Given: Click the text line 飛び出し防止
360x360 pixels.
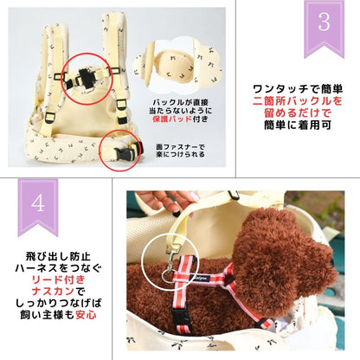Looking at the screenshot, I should (x=60, y=257).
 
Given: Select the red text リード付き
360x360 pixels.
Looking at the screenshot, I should (x=61, y=286).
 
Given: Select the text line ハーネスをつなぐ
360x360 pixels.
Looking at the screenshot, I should (x=60, y=272).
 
